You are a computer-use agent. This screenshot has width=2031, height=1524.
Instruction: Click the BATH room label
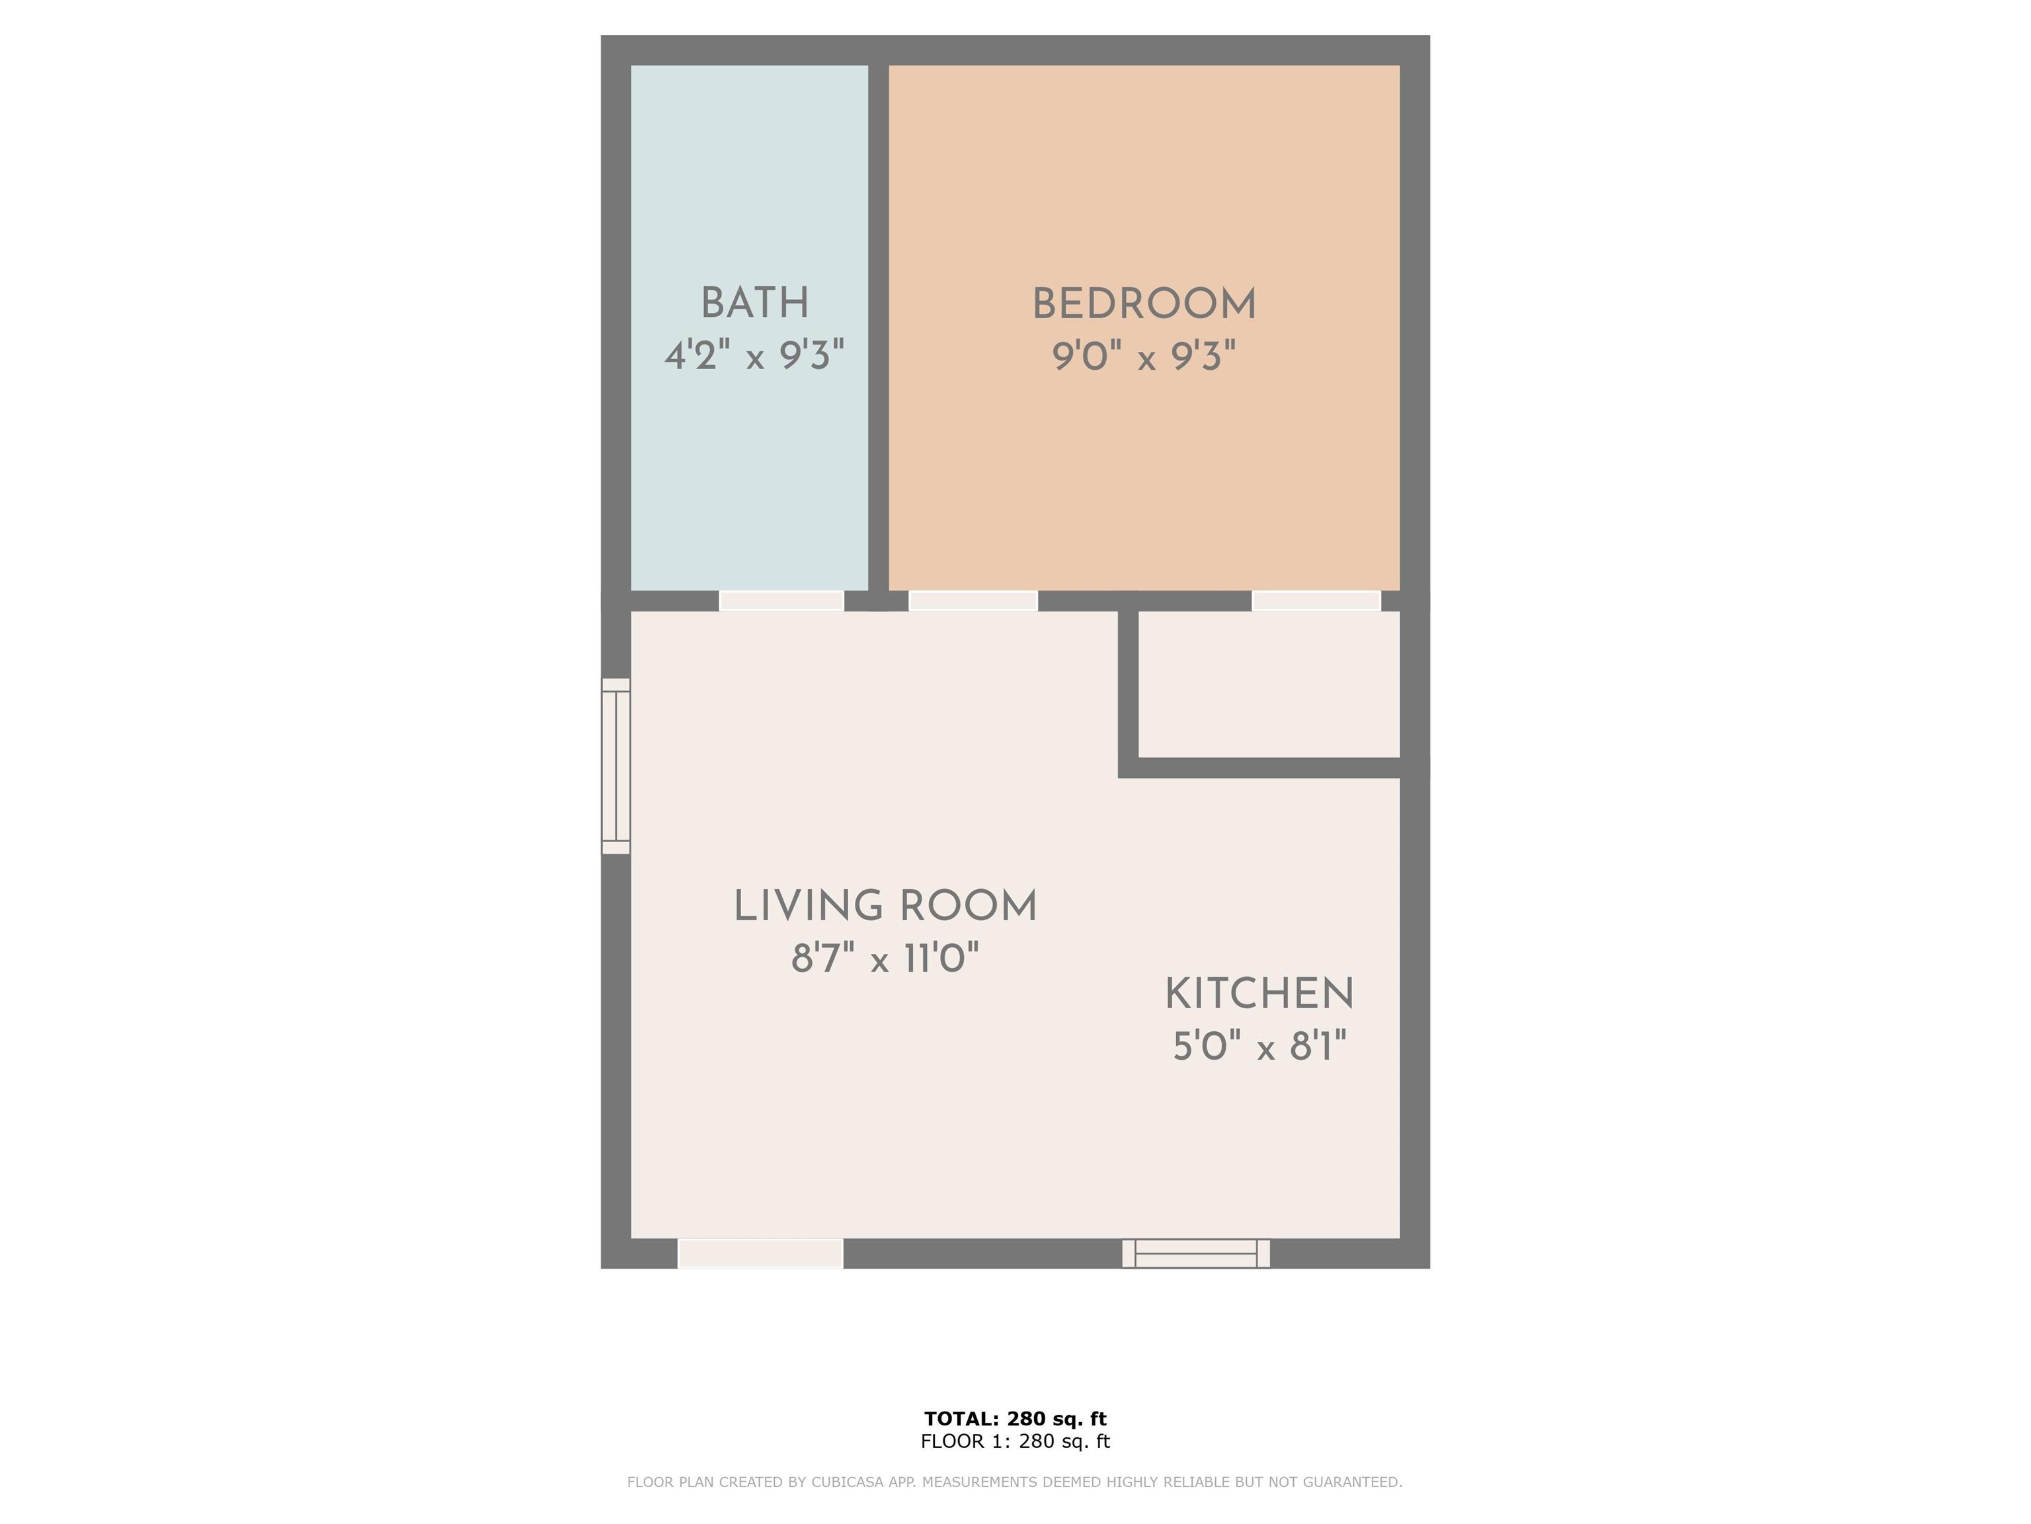click(755, 303)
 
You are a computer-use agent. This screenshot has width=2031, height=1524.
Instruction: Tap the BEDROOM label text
click(1144, 304)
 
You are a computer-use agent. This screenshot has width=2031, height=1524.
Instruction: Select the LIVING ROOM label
click(885, 907)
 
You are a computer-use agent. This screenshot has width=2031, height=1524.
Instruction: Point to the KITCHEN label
click(1259, 994)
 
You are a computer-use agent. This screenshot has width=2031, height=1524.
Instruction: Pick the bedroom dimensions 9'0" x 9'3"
click(1144, 355)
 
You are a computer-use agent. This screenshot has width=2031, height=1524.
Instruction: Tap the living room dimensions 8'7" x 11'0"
click(885, 958)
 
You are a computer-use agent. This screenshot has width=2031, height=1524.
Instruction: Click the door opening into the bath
click(781, 601)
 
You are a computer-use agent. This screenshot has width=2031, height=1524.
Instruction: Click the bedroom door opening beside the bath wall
click(973, 601)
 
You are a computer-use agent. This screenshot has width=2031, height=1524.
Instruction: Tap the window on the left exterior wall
click(616, 766)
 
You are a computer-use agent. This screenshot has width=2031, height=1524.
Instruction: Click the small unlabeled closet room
click(1269, 685)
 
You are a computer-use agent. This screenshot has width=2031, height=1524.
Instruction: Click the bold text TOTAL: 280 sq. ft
click(1015, 1418)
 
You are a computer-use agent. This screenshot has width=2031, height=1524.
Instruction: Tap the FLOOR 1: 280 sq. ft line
click(1015, 1441)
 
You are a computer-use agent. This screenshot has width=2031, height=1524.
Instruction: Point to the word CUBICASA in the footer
click(842, 1482)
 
